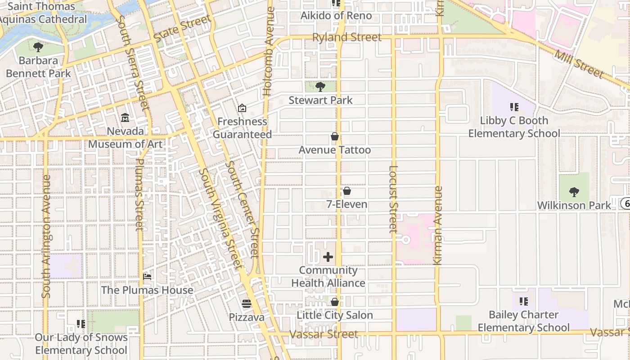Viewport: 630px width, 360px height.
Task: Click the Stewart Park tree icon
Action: point(320,86)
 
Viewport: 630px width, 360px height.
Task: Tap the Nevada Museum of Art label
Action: point(125,138)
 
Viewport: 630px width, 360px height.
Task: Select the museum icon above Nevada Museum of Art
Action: point(125,118)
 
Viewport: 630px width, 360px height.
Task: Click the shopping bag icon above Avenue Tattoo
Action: point(334,136)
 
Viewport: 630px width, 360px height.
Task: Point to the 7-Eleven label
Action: point(347,204)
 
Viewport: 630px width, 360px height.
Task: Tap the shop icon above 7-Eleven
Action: point(347,191)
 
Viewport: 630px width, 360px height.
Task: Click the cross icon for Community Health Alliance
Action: point(328,257)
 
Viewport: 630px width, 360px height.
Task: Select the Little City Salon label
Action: point(335,315)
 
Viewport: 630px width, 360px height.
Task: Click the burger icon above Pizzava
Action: point(246,304)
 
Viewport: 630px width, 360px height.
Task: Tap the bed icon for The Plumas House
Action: point(147,276)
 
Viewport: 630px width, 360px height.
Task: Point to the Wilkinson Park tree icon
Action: point(574,192)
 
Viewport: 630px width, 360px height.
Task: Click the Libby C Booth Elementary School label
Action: point(514,127)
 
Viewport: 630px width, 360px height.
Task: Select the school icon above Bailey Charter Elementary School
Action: point(523,301)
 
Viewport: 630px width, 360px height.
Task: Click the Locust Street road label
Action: point(393,199)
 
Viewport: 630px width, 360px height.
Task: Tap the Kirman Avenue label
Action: point(438,225)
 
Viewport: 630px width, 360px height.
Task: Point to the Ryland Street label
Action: point(347,37)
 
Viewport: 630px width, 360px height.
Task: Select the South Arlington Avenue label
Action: point(46,236)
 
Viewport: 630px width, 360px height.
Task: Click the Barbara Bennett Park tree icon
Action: point(38,47)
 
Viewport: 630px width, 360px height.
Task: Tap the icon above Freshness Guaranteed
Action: point(242,108)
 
